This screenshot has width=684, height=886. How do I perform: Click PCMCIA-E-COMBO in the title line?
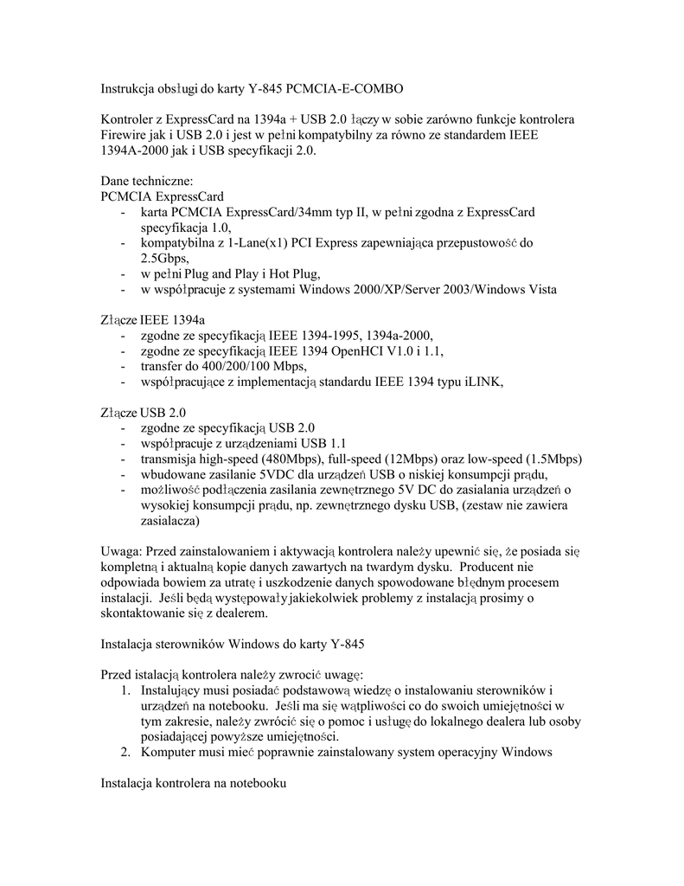pyautogui.click(x=343, y=89)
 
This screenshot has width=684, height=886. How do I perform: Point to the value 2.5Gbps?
pyautogui.click(x=164, y=258)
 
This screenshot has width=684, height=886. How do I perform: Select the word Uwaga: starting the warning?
pyautogui.click(x=121, y=551)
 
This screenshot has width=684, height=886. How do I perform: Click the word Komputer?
pyautogui.click(x=167, y=752)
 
